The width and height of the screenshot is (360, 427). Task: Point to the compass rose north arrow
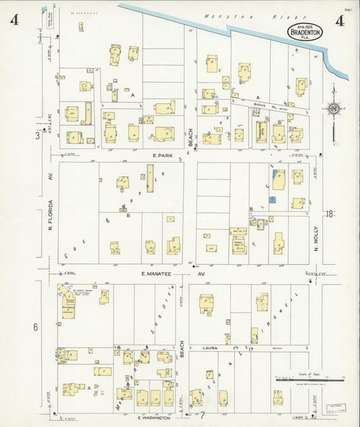(333, 107)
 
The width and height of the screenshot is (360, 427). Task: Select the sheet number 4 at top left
(14, 20)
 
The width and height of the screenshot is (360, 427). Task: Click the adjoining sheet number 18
(329, 214)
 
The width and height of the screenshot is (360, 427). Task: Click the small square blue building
(272, 200)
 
